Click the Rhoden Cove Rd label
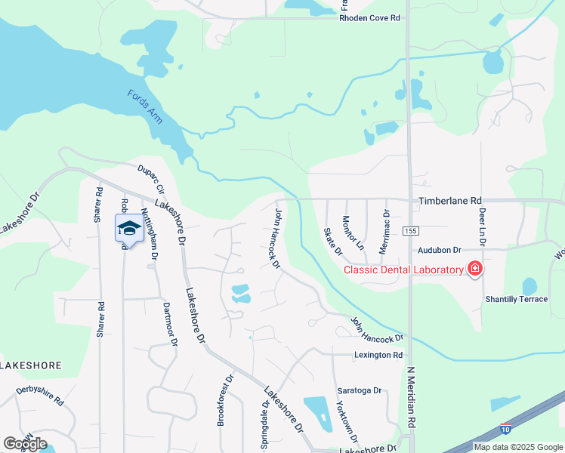click(369, 17)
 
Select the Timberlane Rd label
click(450, 202)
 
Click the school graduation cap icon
click(129, 228)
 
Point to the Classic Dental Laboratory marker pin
click(474, 269)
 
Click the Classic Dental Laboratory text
click(403, 270)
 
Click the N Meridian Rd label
click(412, 399)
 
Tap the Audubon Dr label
click(440, 249)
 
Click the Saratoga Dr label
click(360, 390)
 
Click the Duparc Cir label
click(150, 179)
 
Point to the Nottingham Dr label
click(149, 234)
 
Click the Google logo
click(25, 443)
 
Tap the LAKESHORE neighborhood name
click(30, 365)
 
